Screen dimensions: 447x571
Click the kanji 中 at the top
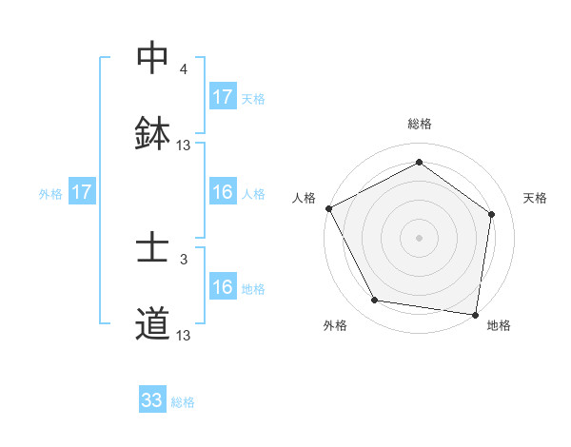point(152,59)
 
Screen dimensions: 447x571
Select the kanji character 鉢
point(152,134)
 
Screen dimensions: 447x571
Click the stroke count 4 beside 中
point(184,69)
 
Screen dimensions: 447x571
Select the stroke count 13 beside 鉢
point(184,146)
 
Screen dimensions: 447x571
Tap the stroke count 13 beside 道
point(184,336)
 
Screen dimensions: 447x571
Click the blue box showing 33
point(152,400)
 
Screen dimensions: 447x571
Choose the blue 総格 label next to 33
point(183,402)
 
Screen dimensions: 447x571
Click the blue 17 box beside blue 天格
point(223,97)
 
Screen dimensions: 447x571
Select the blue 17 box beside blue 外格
point(82,192)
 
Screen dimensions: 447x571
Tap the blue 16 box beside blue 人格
point(223,192)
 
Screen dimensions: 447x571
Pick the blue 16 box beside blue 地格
point(223,287)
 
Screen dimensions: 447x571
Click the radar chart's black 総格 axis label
point(420,124)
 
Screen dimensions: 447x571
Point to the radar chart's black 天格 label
point(536,198)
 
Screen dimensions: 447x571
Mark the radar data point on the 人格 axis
point(329,208)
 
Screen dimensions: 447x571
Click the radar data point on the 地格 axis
point(475,314)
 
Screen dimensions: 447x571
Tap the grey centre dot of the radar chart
point(420,237)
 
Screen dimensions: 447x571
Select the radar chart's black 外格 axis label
point(335,325)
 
